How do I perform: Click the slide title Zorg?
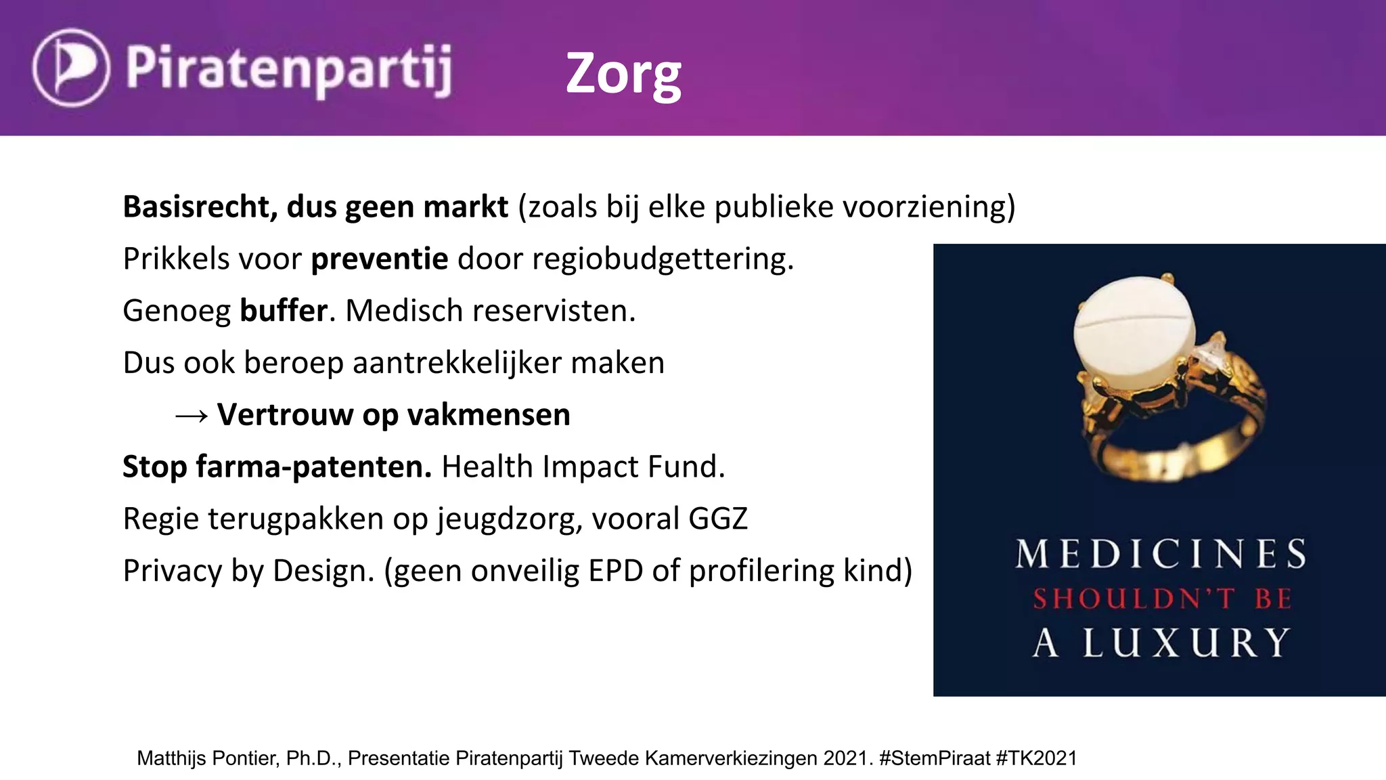click(x=623, y=74)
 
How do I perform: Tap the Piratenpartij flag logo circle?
click(x=70, y=68)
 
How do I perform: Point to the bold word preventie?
click(x=379, y=259)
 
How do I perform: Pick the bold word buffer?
click(x=284, y=311)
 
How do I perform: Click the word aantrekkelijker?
click(x=457, y=363)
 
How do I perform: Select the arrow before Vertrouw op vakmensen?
click(x=191, y=416)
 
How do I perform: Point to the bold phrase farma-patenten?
click(x=313, y=467)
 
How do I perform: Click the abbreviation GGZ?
click(x=718, y=519)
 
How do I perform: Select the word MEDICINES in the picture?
click(x=1161, y=554)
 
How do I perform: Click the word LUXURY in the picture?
click(x=1186, y=643)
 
